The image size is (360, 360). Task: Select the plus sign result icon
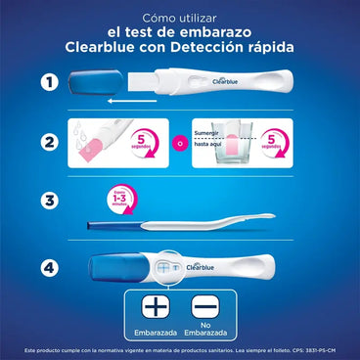coord(154,307)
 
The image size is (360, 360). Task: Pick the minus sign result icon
coord(206,307)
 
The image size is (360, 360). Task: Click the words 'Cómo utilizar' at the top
coord(180,18)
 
